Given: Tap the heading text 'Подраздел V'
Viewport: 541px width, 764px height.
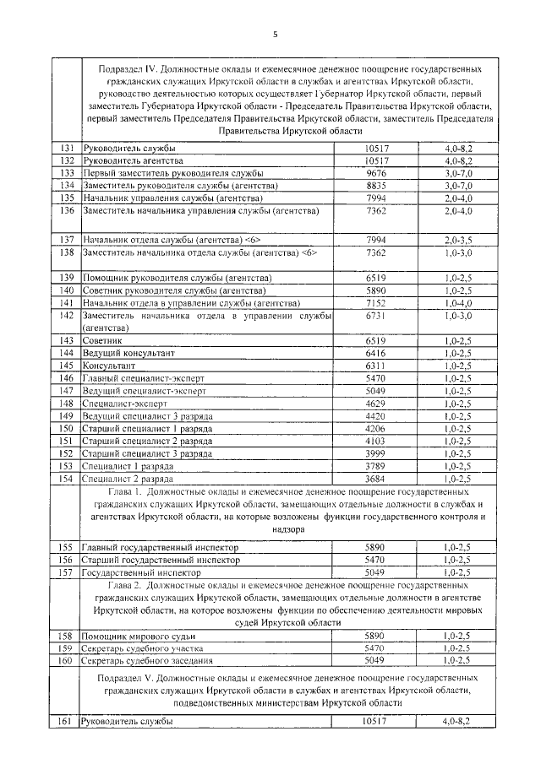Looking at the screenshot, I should (x=123, y=678).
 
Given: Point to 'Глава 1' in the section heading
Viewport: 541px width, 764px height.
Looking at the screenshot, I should (x=128, y=490).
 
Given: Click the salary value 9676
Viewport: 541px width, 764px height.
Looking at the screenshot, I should (x=374, y=172).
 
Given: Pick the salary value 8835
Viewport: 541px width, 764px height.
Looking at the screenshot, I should (x=374, y=185).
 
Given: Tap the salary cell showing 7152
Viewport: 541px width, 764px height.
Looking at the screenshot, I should (x=374, y=302).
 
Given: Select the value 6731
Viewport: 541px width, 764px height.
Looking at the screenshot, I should (x=374, y=315).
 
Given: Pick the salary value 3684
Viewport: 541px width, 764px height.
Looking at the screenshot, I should (x=374, y=478).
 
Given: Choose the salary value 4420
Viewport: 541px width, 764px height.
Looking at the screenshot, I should (x=374, y=416).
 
